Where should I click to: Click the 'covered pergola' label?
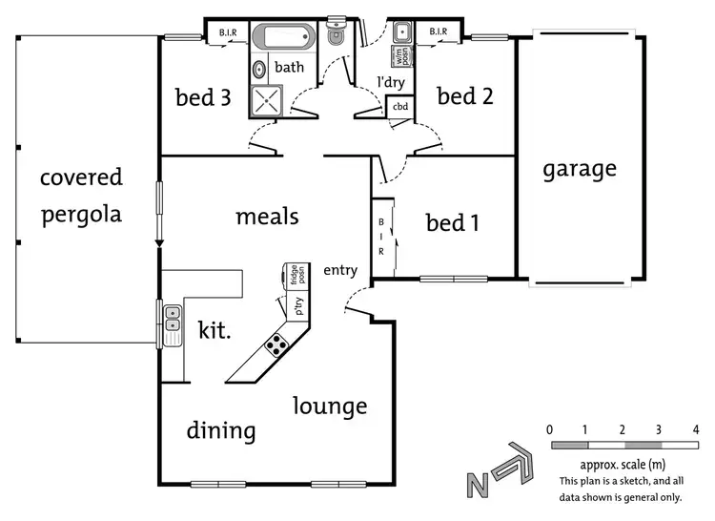(81, 196)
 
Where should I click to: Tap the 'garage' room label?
(580, 169)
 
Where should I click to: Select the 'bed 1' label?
(452, 222)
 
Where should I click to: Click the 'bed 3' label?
(203, 97)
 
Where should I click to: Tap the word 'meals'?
(267, 217)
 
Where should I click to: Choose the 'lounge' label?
(329, 406)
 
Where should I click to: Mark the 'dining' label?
(221, 430)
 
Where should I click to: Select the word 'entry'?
(340, 271)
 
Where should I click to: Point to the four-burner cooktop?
(276, 344)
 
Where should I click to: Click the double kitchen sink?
(173, 323)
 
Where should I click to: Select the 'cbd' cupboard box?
(400, 107)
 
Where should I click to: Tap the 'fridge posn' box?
(296, 276)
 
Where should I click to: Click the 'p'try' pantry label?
(297, 306)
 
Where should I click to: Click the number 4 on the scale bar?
(696, 429)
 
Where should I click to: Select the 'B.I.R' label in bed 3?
(229, 33)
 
